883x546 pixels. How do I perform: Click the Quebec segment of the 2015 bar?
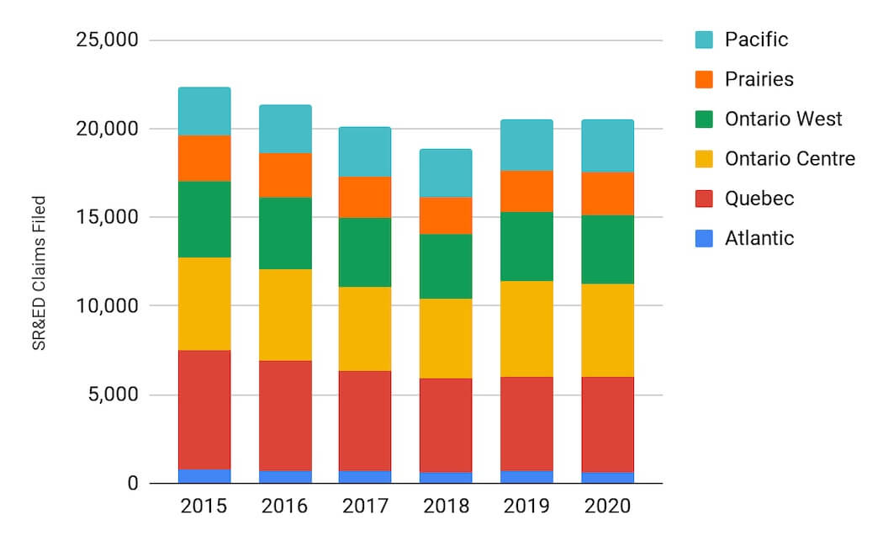pos(204,410)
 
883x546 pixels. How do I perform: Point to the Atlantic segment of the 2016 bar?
pos(285,477)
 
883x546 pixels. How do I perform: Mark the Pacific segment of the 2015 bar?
pos(204,111)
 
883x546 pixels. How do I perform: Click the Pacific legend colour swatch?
pos(704,40)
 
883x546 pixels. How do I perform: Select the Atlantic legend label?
pos(759,238)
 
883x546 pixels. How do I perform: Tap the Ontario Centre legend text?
pos(790,158)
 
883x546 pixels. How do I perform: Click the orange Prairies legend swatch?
pos(704,79)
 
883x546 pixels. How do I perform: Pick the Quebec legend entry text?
pos(759,199)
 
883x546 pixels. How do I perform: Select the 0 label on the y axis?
pos(130,484)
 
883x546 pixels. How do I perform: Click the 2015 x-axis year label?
pos(204,506)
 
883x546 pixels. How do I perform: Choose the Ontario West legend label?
pos(783,119)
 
